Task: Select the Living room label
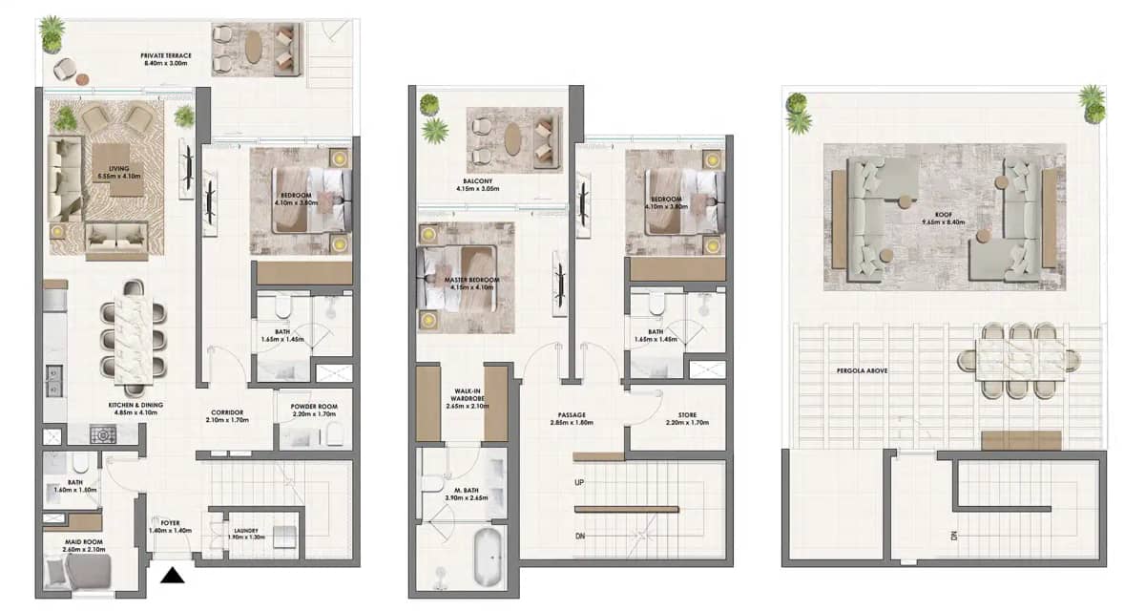(x=117, y=170)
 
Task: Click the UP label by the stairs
(x=579, y=483)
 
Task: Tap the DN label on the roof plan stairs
(x=953, y=537)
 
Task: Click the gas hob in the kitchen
(x=102, y=435)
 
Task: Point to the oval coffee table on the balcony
(x=513, y=139)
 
